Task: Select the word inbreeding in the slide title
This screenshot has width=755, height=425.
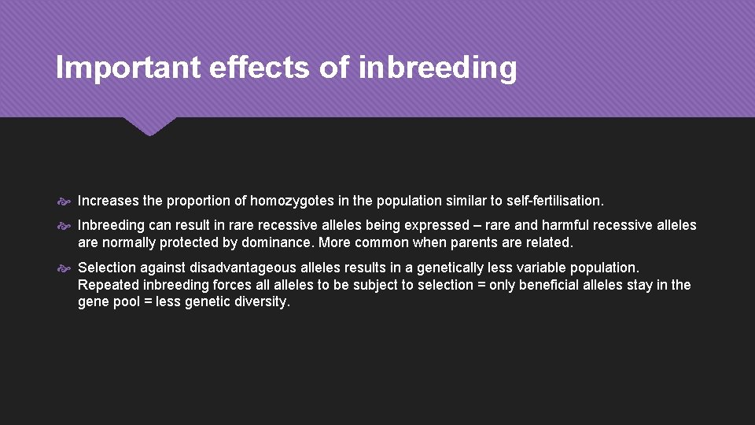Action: [x=438, y=68]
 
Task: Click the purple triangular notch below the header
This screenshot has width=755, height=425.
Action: [x=149, y=126]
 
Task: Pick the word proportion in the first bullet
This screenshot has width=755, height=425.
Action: [x=173, y=200]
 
